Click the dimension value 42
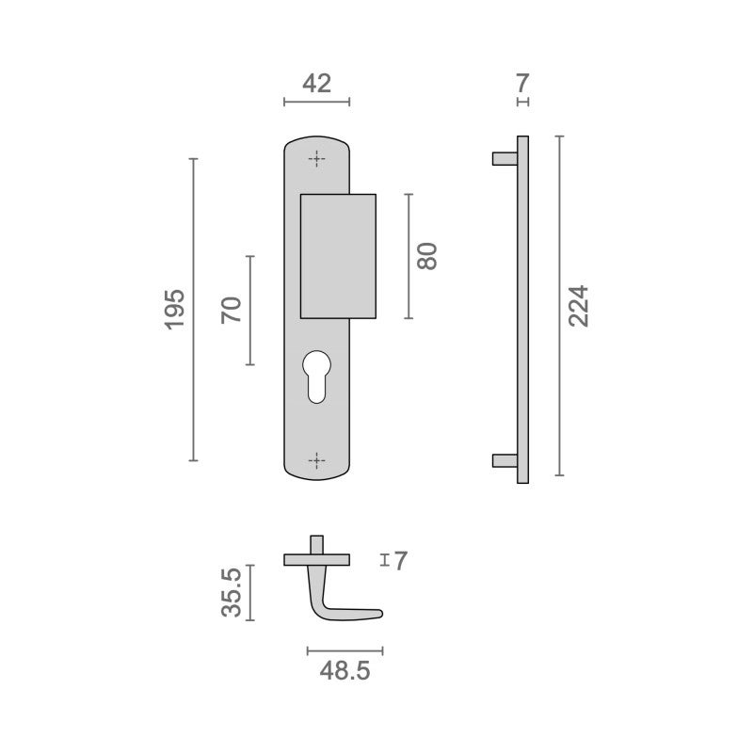click(x=316, y=84)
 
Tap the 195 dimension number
click(x=175, y=310)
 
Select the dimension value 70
click(x=232, y=311)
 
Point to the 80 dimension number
click(x=427, y=256)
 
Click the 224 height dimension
click(x=578, y=306)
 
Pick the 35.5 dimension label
click(x=232, y=592)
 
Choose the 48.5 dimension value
click(x=344, y=671)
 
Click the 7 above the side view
click(x=522, y=84)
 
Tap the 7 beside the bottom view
click(x=401, y=561)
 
